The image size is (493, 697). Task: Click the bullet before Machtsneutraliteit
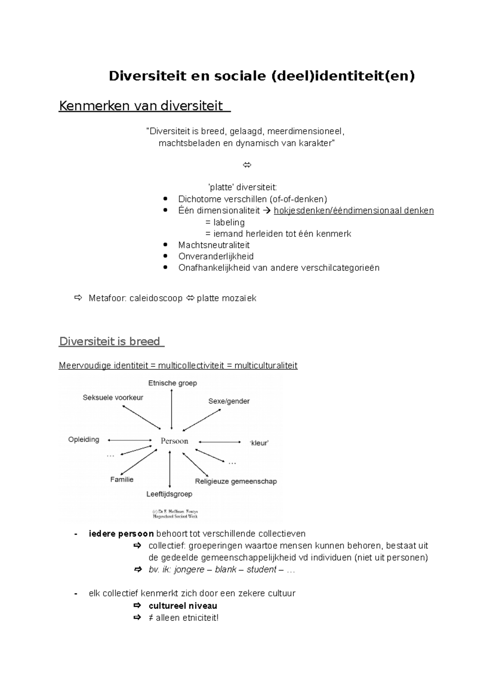tap(165, 245)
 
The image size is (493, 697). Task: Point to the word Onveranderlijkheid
tap(216, 257)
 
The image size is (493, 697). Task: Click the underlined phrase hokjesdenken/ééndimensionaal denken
tap(353, 211)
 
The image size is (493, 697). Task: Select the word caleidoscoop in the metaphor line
tap(156, 298)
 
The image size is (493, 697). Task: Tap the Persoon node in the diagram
tap(174, 441)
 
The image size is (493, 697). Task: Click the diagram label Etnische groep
tap(173, 383)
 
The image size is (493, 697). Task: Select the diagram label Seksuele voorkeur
tap(113, 398)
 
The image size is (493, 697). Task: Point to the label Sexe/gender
tap(229, 401)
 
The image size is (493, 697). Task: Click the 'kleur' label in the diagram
tap(259, 443)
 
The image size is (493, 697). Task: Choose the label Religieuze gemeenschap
tap(236, 481)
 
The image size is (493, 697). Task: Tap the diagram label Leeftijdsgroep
tap(169, 494)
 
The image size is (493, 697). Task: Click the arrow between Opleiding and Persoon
tap(130, 440)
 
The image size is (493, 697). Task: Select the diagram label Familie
tap(122, 479)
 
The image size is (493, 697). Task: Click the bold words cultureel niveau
tap(183, 606)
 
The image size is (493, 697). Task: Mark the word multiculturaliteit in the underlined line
tap(266, 366)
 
